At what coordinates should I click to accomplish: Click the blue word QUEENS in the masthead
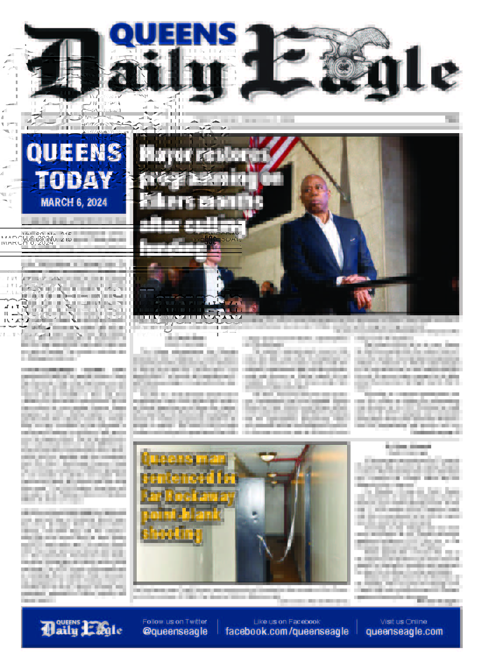pyautogui.click(x=173, y=35)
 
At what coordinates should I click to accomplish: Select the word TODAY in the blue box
pyautogui.click(x=74, y=180)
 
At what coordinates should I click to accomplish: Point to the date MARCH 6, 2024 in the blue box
pyautogui.click(x=74, y=202)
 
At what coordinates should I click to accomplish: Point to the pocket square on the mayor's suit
pyautogui.click(x=353, y=240)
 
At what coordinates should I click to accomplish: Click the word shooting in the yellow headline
pyautogui.click(x=172, y=533)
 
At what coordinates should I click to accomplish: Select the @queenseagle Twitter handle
pyautogui.click(x=175, y=631)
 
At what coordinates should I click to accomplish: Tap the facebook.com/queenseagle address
pyautogui.click(x=287, y=631)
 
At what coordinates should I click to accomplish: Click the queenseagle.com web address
pyautogui.click(x=404, y=631)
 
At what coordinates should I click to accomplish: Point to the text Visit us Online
pyautogui.click(x=404, y=621)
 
